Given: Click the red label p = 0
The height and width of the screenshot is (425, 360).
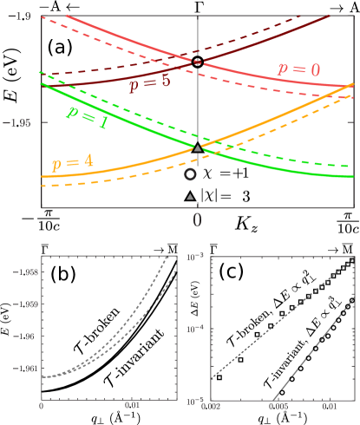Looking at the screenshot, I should [x=298, y=69].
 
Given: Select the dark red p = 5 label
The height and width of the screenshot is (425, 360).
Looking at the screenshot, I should [x=149, y=82].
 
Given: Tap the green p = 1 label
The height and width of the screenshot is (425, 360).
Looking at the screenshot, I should [x=88, y=120].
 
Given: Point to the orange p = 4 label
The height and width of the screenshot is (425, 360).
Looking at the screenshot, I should [x=72, y=162].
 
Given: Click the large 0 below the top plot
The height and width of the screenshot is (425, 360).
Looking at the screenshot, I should [x=198, y=219].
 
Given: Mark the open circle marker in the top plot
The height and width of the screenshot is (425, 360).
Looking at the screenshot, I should [x=191, y=174].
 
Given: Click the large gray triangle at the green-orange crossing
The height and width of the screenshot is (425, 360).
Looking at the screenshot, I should [x=198, y=148].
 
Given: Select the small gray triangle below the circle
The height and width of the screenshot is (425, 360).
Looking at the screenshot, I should [x=190, y=197].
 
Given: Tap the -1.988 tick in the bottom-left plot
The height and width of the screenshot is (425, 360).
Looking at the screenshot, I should [x=27, y=272].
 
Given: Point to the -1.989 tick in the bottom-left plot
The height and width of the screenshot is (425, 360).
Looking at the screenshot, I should [x=27, y=304].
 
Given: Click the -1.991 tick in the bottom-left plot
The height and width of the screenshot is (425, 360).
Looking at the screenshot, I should [x=27, y=369].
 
